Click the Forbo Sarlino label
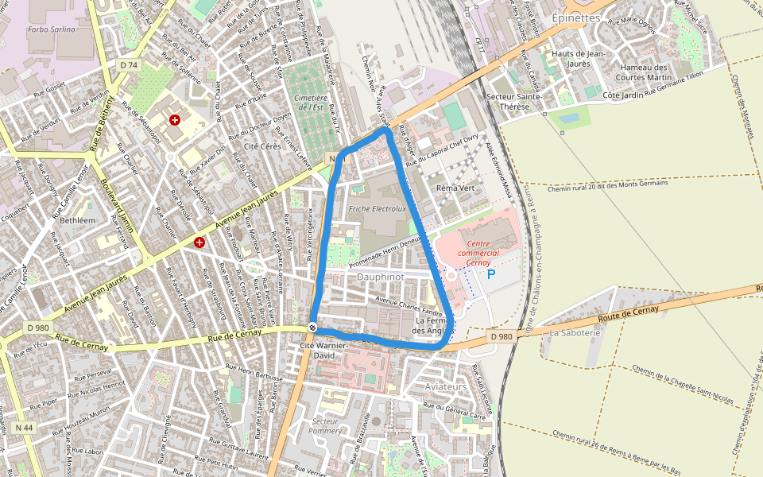(52, 29)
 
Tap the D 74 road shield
(129, 64)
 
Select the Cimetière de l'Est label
(308, 102)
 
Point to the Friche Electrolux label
(377, 209)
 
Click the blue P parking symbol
(490, 274)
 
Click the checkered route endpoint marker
(312, 328)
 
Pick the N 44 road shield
(24, 428)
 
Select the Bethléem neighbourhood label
(77, 219)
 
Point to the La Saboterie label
(574, 332)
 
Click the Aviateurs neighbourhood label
(447, 386)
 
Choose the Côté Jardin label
(622, 95)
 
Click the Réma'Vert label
(455, 188)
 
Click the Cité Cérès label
(262, 147)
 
